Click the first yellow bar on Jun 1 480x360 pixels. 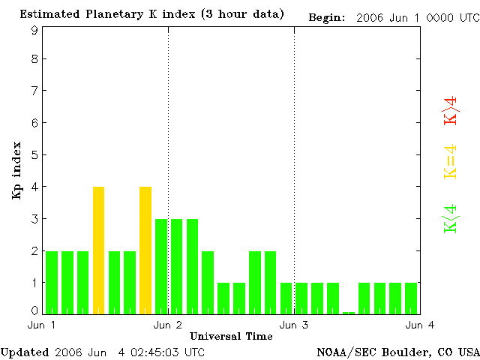click(x=98, y=250)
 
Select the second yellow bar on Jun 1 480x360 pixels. click(x=145, y=250)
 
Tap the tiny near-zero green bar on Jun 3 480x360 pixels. click(x=349, y=312)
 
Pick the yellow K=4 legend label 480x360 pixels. click(x=451, y=161)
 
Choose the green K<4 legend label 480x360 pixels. click(x=451, y=218)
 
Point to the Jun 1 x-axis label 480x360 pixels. click(x=42, y=325)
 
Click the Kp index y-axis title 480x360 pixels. click(x=16, y=170)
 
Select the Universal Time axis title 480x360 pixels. click(x=231, y=336)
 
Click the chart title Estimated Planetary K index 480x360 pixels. click(x=151, y=14)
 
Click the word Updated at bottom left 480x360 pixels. click(x=24, y=352)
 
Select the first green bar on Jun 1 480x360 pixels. click(x=52, y=282)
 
